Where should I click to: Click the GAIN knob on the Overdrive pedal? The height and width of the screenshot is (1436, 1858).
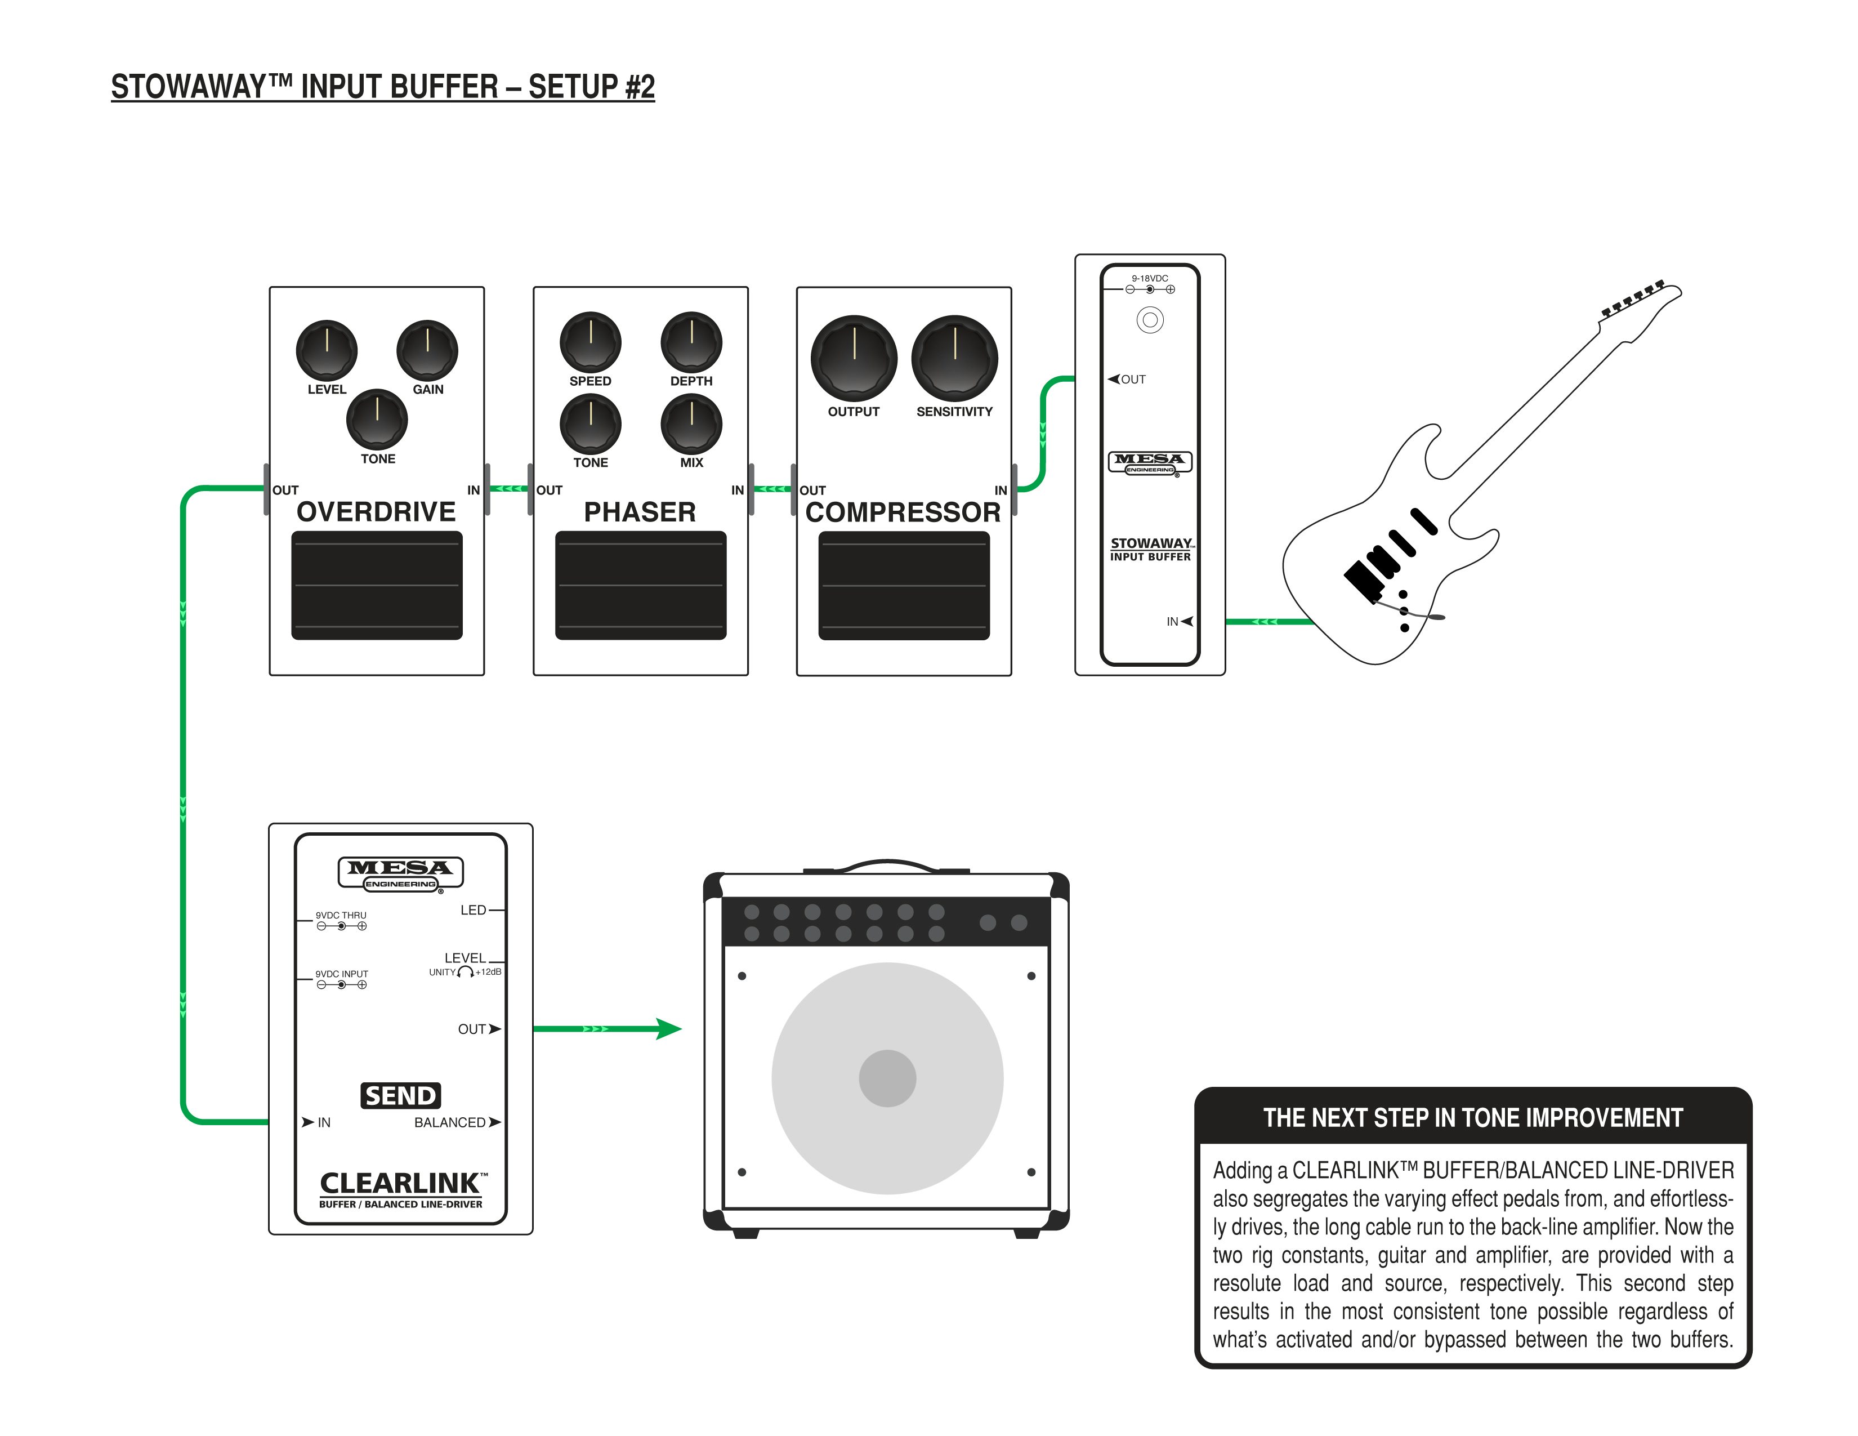tap(427, 350)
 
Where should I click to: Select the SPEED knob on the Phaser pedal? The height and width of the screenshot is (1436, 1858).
tap(591, 342)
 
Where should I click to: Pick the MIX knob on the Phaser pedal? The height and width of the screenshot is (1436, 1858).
tap(691, 423)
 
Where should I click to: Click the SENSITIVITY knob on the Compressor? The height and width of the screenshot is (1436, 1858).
tap(954, 358)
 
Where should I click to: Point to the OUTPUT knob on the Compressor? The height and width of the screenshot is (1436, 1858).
tap(854, 358)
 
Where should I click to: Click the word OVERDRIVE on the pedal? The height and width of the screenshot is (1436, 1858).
tap(376, 512)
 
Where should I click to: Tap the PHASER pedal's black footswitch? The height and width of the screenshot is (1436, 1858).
tap(641, 585)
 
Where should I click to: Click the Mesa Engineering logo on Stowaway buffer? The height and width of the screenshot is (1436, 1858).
tap(1150, 462)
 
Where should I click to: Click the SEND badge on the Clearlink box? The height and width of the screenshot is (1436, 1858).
tap(401, 1095)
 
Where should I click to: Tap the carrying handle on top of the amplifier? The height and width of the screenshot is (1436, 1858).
tap(887, 865)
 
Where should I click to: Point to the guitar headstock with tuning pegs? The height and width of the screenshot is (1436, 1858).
tap(1638, 305)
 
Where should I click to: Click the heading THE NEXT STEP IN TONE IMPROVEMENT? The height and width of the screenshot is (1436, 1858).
tap(1473, 1118)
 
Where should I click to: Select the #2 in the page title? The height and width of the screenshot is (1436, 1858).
tap(639, 87)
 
